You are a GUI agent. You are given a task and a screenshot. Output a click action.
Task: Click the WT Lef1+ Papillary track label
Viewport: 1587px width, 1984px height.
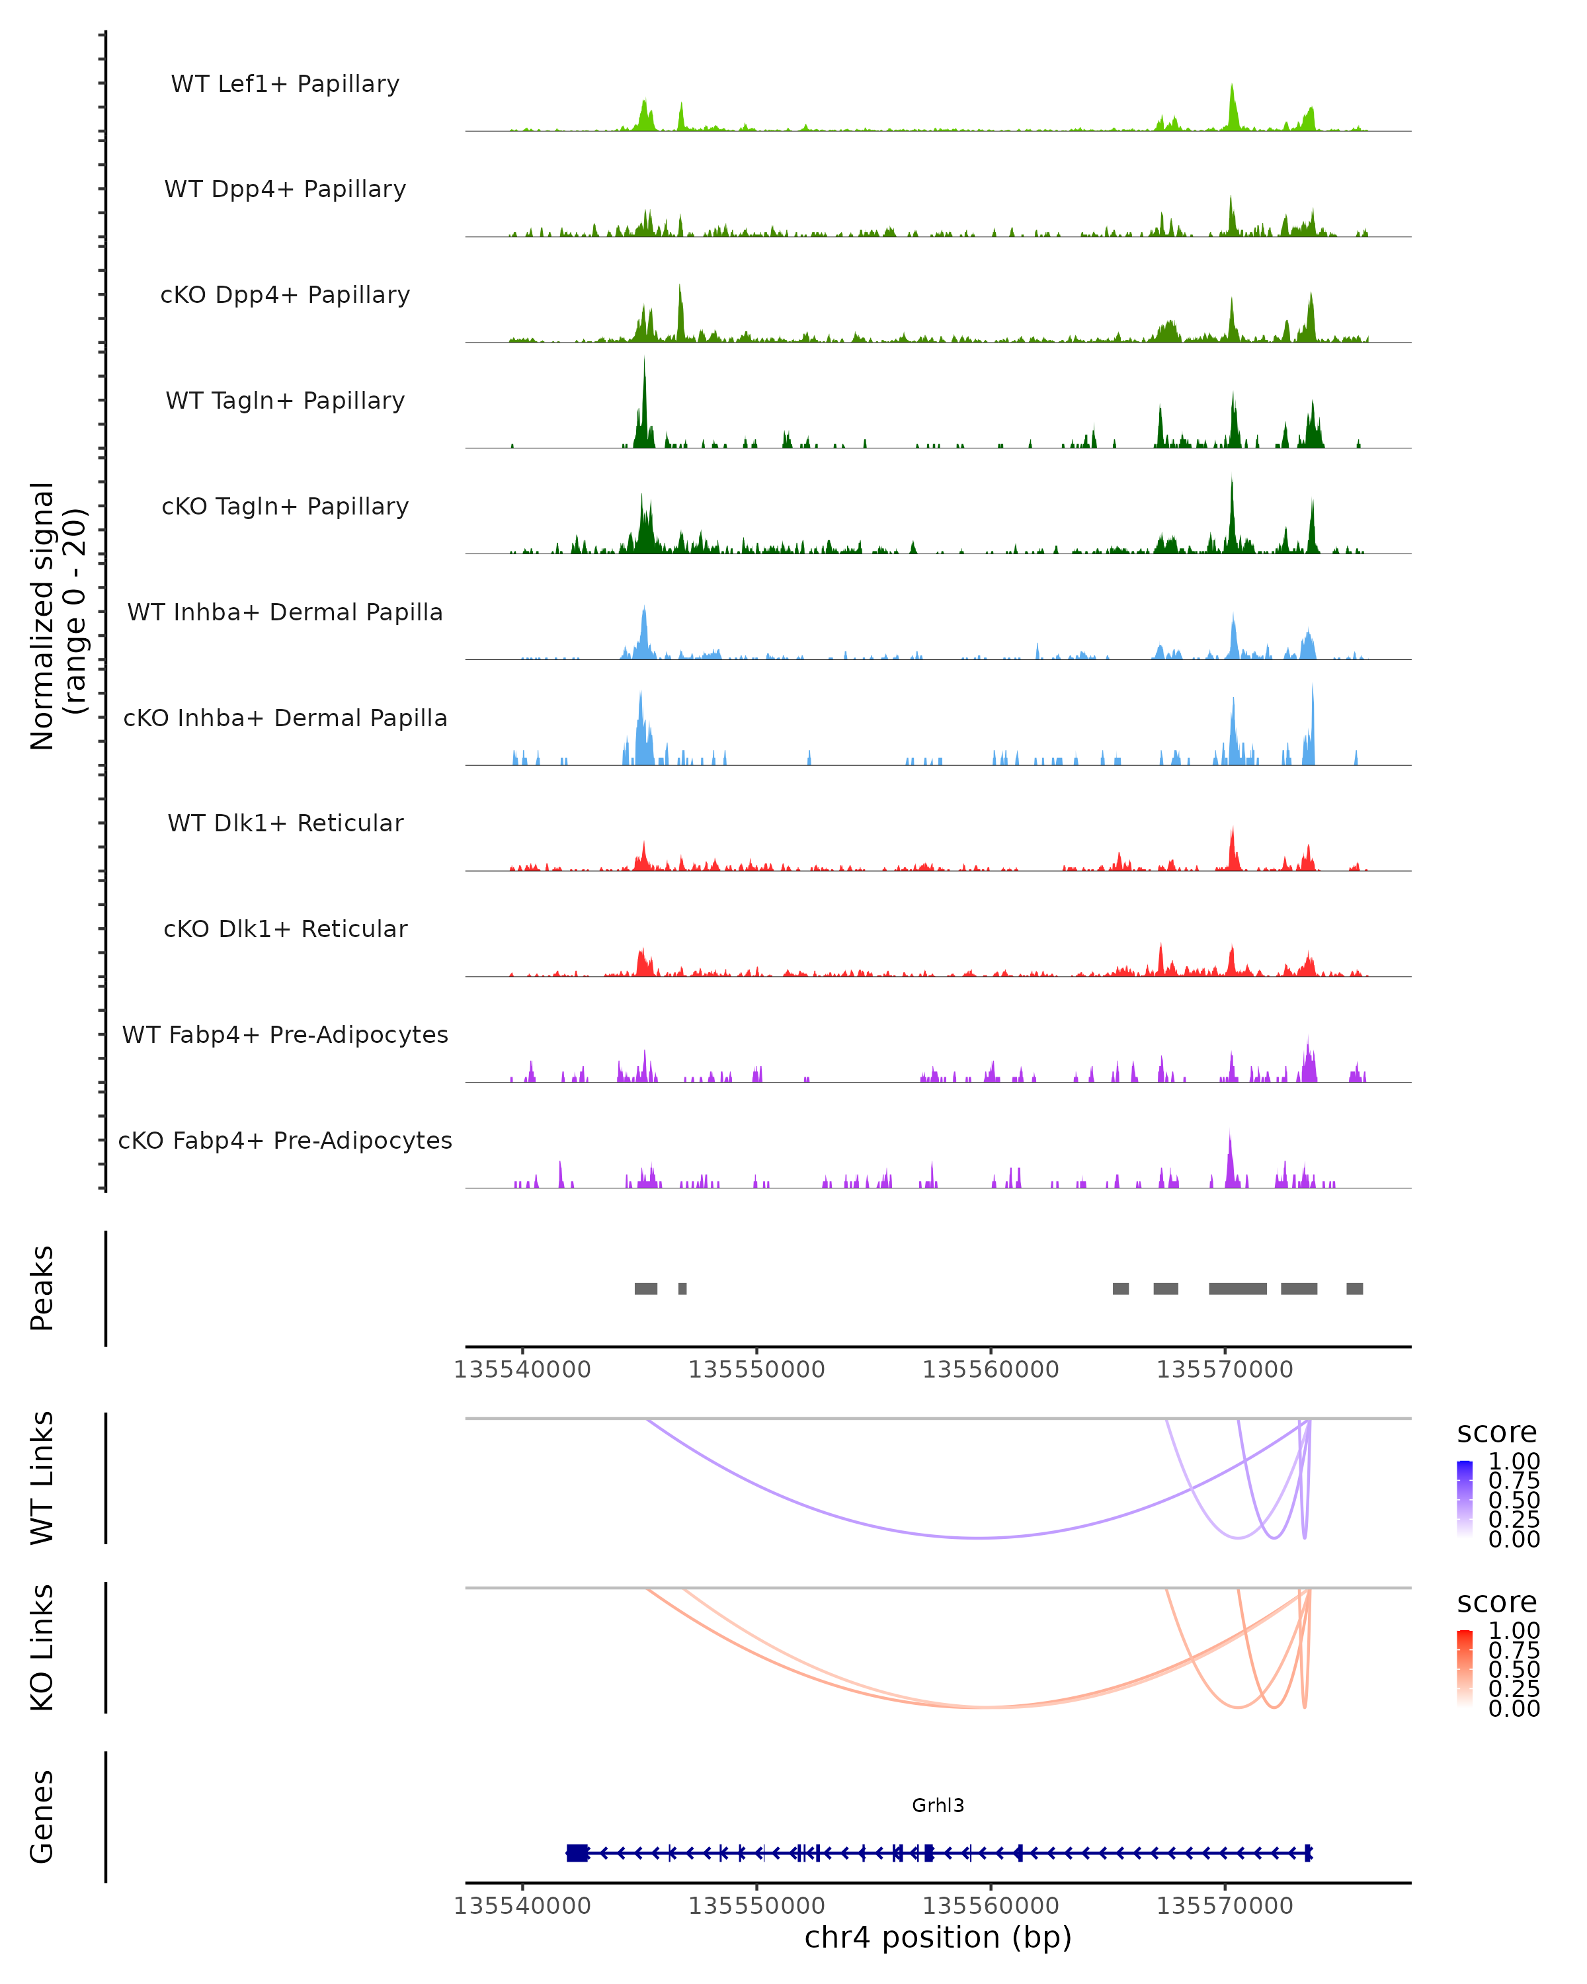click(x=285, y=84)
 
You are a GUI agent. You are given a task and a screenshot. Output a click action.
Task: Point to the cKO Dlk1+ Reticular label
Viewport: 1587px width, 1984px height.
click(x=285, y=929)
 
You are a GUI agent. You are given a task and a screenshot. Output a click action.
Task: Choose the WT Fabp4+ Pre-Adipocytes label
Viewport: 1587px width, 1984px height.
click(x=285, y=1034)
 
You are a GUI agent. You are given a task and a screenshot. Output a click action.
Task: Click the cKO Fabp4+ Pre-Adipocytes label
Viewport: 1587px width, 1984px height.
click(x=285, y=1140)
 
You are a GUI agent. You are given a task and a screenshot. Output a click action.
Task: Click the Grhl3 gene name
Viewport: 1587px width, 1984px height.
click(x=938, y=1805)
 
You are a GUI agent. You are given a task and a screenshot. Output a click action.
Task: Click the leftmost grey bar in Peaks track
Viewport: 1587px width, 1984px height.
click(x=646, y=1288)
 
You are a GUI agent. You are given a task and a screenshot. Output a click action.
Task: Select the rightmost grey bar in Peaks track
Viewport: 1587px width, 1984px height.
click(x=1354, y=1288)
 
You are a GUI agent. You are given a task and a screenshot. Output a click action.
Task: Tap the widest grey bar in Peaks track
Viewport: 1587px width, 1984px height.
click(x=1237, y=1288)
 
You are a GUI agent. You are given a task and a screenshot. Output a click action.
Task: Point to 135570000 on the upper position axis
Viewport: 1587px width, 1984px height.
click(x=1225, y=1370)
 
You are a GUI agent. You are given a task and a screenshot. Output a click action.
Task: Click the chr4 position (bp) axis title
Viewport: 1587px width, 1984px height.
click(x=938, y=1937)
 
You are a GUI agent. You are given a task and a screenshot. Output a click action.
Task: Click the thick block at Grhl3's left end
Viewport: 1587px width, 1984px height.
click(x=577, y=1852)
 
